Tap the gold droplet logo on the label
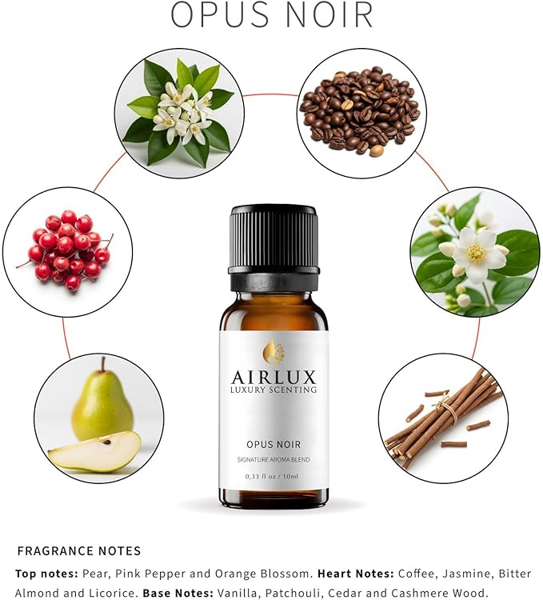[273, 350]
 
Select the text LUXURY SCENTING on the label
[273, 390]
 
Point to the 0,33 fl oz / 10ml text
[273, 476]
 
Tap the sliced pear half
[94, 452]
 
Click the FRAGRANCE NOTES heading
[79, 550]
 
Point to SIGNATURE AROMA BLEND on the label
[273, 458]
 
